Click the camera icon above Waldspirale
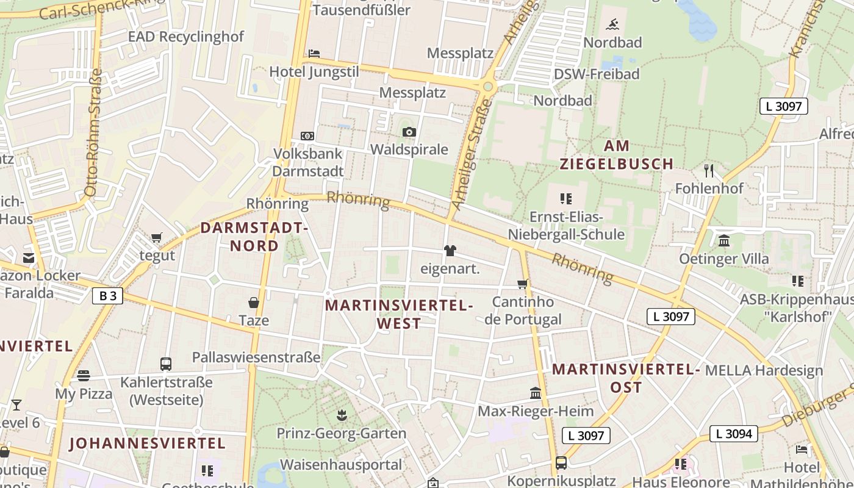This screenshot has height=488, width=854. coord(409,132)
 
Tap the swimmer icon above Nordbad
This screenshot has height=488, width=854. coord(612,25)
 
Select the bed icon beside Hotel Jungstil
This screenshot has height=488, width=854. coord(314,54)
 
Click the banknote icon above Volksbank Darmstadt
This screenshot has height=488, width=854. coord(307,135)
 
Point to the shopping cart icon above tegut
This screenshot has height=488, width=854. coord(157,237)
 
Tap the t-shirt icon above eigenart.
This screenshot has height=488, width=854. coord(450,251)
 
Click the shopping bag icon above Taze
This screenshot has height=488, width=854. coord(253,303)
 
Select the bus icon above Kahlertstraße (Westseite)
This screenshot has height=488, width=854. coord(166,364)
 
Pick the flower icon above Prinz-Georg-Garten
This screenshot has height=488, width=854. coord(341,415)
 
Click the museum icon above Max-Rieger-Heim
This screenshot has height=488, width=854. coord(536,393)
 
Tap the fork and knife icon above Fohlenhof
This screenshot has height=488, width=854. coord(708,170)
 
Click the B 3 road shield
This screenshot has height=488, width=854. coord(108,296)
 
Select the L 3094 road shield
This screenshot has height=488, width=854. coord(734,434)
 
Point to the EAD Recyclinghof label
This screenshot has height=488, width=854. coord(185,37)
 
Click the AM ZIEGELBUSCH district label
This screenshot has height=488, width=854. coord(617,155)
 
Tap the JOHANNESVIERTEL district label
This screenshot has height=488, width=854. coord(147,443)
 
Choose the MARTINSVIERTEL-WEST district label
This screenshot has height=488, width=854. coord(399,314)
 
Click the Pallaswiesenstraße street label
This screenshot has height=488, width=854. coord(256,357)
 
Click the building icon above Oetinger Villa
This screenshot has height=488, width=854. coord(724,241)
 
